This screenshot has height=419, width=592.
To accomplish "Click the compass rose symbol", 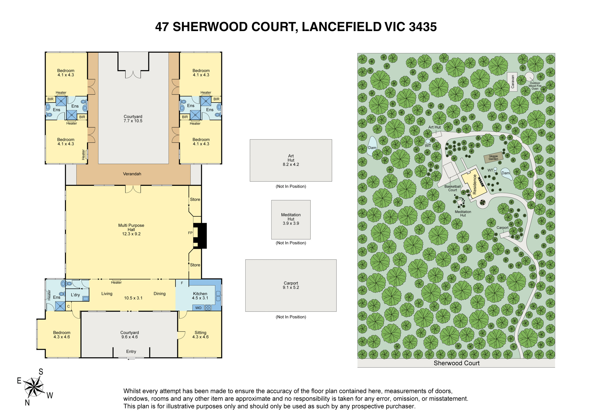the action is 34,387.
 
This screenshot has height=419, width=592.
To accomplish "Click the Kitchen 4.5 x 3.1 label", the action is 200,296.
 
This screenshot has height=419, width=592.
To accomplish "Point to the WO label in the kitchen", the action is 198,308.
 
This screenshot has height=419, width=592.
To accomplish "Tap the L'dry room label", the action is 75,295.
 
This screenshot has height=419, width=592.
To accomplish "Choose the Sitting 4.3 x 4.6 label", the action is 200,335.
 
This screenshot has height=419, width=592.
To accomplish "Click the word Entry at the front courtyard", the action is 131,351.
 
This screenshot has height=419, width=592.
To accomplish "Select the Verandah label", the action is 132,174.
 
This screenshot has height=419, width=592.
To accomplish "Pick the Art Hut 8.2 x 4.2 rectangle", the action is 291,160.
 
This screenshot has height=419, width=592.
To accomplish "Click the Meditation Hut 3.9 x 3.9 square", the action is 291,220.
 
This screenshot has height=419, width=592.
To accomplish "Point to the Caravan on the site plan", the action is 512,82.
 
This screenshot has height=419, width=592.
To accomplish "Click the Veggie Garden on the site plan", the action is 493,158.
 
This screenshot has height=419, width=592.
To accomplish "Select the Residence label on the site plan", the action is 474,184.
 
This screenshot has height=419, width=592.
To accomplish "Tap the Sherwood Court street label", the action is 456,363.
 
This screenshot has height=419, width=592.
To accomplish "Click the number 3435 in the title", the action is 423,27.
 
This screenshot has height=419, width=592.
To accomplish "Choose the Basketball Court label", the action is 453,188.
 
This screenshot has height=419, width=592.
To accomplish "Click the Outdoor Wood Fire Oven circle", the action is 530,77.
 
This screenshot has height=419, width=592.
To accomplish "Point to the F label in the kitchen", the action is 182,283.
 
